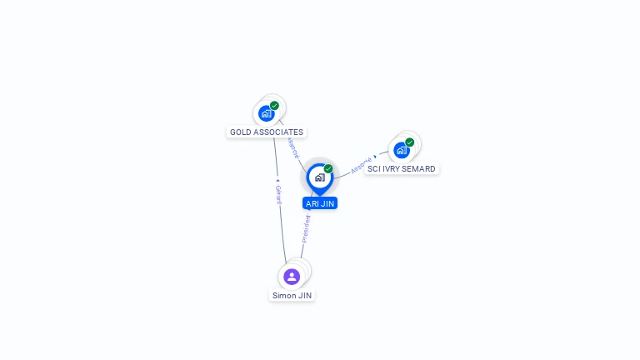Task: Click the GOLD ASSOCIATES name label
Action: pos(267,132)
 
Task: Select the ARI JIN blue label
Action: pos(320,203)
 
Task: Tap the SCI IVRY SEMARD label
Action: pos(402,168)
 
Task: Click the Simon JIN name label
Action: pos(292,295)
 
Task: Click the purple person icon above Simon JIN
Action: pos(292,277)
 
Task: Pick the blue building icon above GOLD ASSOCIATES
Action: pos(266,113)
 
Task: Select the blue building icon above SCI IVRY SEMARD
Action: pos(402,150)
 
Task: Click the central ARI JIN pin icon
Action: pos(319,177)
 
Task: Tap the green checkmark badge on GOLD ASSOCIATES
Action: pos(275,106)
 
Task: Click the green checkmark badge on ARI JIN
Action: pos(328,169)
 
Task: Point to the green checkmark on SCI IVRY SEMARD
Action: pos(410,142)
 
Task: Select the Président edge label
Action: pos(306,228)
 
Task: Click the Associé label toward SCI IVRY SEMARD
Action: pos(360,164)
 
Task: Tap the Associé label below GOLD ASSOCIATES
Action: pos(292,147)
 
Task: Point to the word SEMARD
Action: pos(419,168)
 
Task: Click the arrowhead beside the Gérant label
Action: pos(277,177)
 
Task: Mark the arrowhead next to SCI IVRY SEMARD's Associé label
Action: pos(376,157)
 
